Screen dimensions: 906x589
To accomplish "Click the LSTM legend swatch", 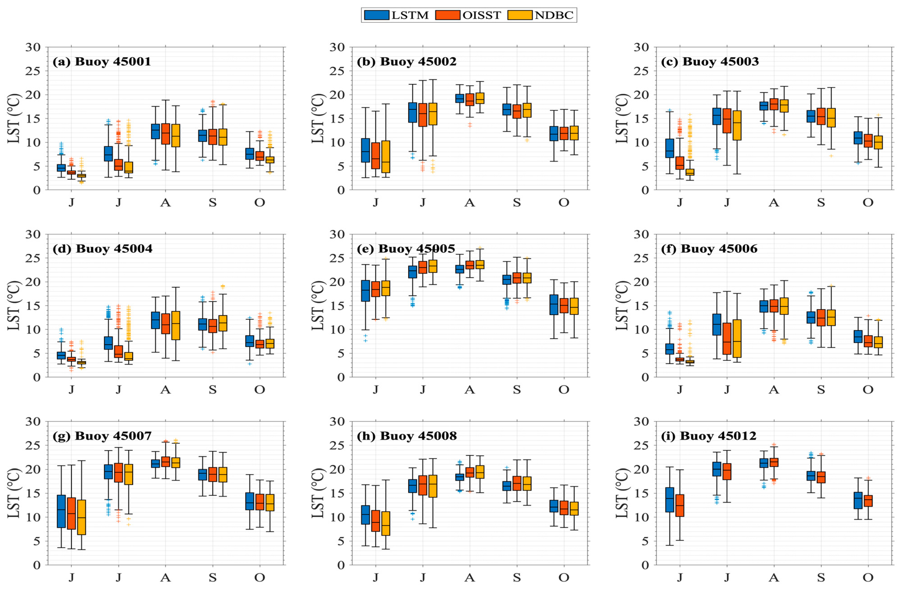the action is pos(376,15).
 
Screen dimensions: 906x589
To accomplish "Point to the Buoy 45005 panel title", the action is pos(406,249).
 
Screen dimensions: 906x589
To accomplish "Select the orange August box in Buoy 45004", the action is pos(176,325).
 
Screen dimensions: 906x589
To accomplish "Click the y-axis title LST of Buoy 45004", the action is pos(14,306).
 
